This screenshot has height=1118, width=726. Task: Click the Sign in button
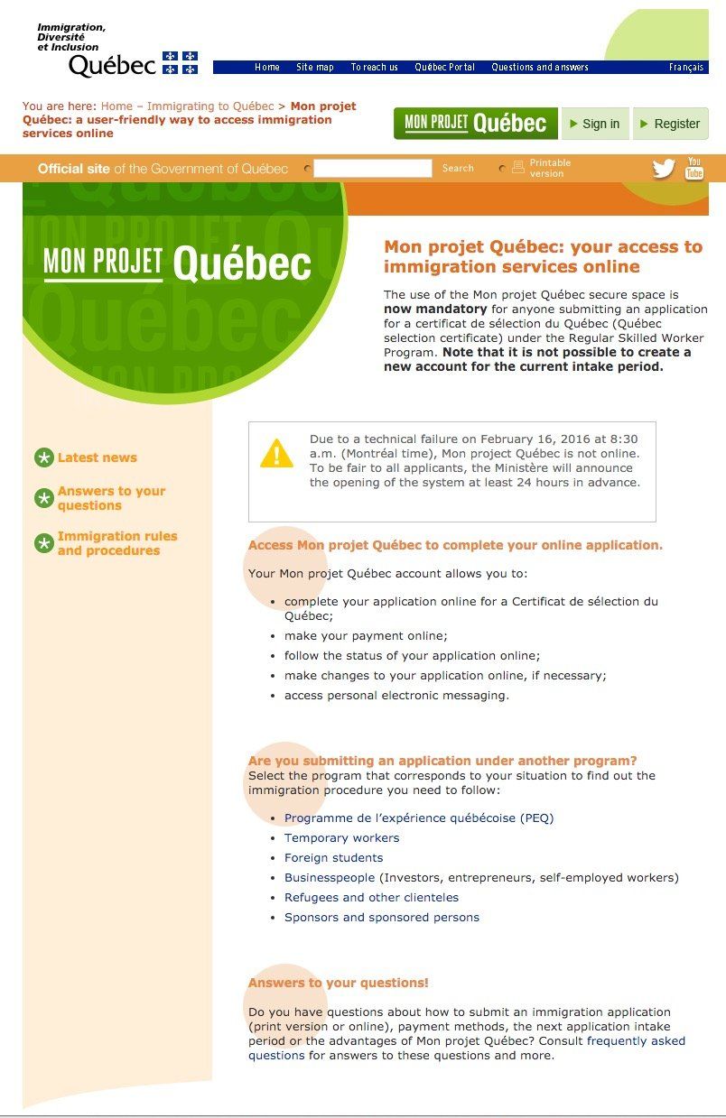[595, 124]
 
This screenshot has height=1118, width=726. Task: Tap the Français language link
[686, 68]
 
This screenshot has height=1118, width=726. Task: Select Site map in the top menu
[315, 68]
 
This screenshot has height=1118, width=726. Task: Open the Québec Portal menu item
[444, 68]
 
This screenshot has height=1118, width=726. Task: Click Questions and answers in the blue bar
[540, 68]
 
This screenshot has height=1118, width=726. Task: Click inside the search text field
[372, 168]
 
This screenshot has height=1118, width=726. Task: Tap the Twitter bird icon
[664, 169]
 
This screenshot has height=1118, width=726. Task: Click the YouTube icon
[694, 169]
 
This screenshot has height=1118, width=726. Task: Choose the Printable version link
[549, 168]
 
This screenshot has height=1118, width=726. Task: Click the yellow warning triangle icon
[276, 453]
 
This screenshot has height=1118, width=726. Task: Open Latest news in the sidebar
[97, 457]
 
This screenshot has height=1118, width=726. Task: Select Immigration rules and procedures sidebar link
[117, 543]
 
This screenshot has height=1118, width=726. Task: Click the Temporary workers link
[341, 838]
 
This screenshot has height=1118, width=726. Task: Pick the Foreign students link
[333, 858]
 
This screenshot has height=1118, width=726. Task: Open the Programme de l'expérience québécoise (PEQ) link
[419, 818]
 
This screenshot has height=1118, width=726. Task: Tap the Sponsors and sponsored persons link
[382, 918]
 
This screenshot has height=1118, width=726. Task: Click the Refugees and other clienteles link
[371, 898]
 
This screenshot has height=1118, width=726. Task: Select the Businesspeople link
[330, 878]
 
